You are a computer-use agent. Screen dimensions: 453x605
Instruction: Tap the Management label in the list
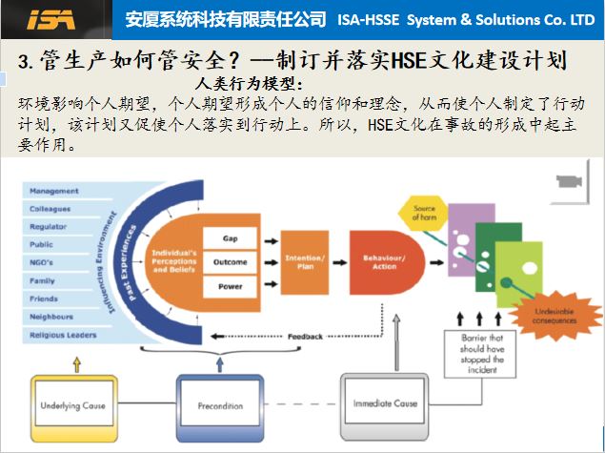pos(54,191)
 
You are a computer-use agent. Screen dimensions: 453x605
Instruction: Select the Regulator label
pos(50,227)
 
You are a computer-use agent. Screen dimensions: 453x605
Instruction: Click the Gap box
pos(230,237)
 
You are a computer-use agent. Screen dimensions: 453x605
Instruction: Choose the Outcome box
pos(230,262)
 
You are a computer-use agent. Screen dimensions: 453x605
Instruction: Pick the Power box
pos(230,286)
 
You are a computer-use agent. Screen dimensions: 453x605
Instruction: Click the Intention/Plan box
pos(306,262)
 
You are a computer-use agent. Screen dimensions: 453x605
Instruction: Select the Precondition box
pos(221,405)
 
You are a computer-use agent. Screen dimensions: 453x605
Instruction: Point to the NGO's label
pos(42,263)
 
